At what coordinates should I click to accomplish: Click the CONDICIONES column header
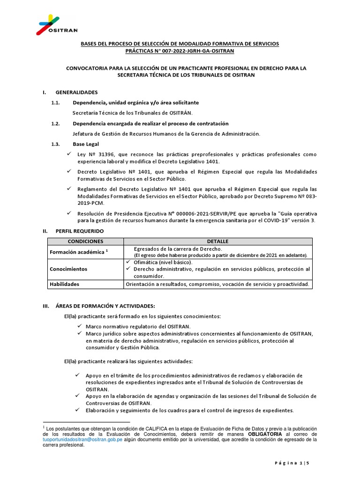click(85, 241)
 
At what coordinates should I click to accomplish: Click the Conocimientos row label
click(69, 270)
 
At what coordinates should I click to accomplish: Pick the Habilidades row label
click(65, 284)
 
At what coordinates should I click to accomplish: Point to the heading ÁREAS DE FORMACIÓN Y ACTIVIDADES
click(102, 306)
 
